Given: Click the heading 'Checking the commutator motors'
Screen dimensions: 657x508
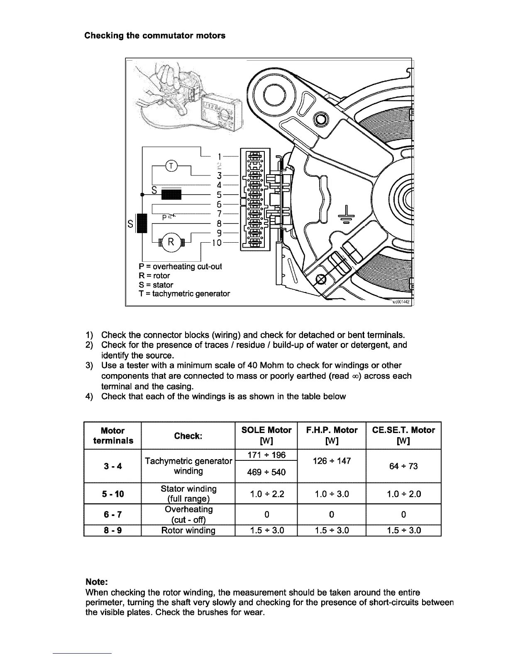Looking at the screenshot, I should point(155,36).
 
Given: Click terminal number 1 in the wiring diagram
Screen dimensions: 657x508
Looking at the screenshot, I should point(219,156).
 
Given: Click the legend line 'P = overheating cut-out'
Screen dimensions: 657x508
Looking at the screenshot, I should point(180,266).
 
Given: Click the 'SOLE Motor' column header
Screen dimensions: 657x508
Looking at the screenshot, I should point(266,430).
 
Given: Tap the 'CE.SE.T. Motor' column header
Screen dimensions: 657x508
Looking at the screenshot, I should point(403,430).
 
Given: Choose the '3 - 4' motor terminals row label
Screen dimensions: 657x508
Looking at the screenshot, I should point(112,466).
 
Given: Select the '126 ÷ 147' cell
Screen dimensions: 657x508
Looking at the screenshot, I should point(332,461).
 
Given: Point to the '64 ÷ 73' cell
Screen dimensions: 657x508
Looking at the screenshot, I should point(403,466).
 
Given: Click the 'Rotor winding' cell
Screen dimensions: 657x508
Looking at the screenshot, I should point(188,530).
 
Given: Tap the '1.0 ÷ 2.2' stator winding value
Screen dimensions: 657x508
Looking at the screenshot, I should point(266,494).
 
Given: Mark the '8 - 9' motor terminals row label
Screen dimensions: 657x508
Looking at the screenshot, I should point(112,530).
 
